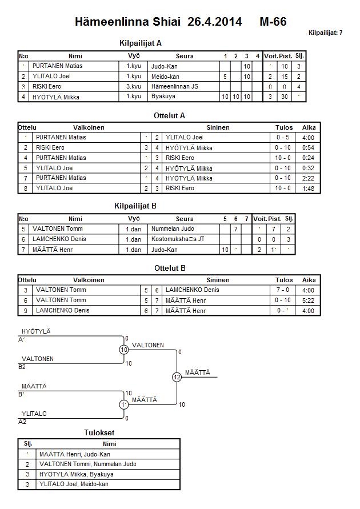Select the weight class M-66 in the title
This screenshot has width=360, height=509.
click(x=273, y=22)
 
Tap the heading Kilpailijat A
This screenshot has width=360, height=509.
click(x=141, y=43)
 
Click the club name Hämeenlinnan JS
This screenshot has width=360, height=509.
click(x=175, y=86)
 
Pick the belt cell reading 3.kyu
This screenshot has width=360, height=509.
click(x=134, y=86)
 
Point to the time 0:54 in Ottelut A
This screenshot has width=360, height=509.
click(x=309, y=147)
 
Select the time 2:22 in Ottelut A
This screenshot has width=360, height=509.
click(x=309, y=178)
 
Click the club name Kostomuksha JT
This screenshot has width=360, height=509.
click(x=178, y=239)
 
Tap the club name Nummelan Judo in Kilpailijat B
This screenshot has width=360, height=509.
click(x=173, y=229)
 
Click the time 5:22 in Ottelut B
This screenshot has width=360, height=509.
click(x=309, y=300)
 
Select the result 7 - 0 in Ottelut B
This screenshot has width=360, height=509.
click(x=283, y=290)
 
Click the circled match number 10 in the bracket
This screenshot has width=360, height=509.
click(x=124, y=350)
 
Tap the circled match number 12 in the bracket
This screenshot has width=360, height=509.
click(x=177, y=377)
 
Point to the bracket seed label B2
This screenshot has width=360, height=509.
click(x=22, y=367)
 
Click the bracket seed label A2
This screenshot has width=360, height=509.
click(x=22, y=422)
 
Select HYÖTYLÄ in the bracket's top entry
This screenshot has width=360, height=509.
click(x=36, y=331)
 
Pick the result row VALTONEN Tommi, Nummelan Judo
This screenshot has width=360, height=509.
click(x=87, y=464)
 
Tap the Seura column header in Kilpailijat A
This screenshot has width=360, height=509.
click(x=185, y=56)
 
